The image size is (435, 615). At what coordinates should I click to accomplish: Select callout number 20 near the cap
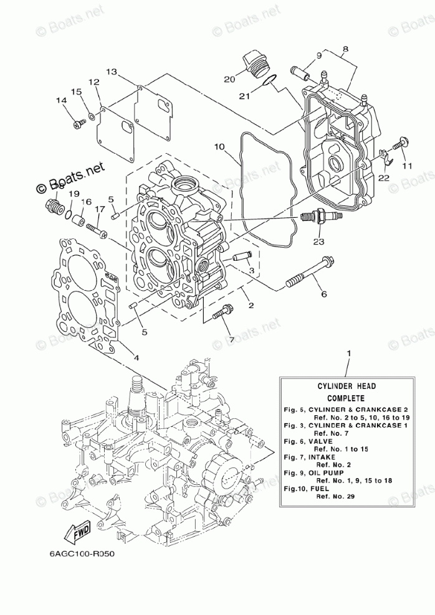229,79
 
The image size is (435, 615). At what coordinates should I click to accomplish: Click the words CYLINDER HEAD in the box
345,387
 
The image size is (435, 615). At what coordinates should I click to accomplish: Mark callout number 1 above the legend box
349,354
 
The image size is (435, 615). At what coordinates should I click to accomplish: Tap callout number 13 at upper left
111,72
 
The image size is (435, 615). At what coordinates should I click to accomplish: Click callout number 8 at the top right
345,48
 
